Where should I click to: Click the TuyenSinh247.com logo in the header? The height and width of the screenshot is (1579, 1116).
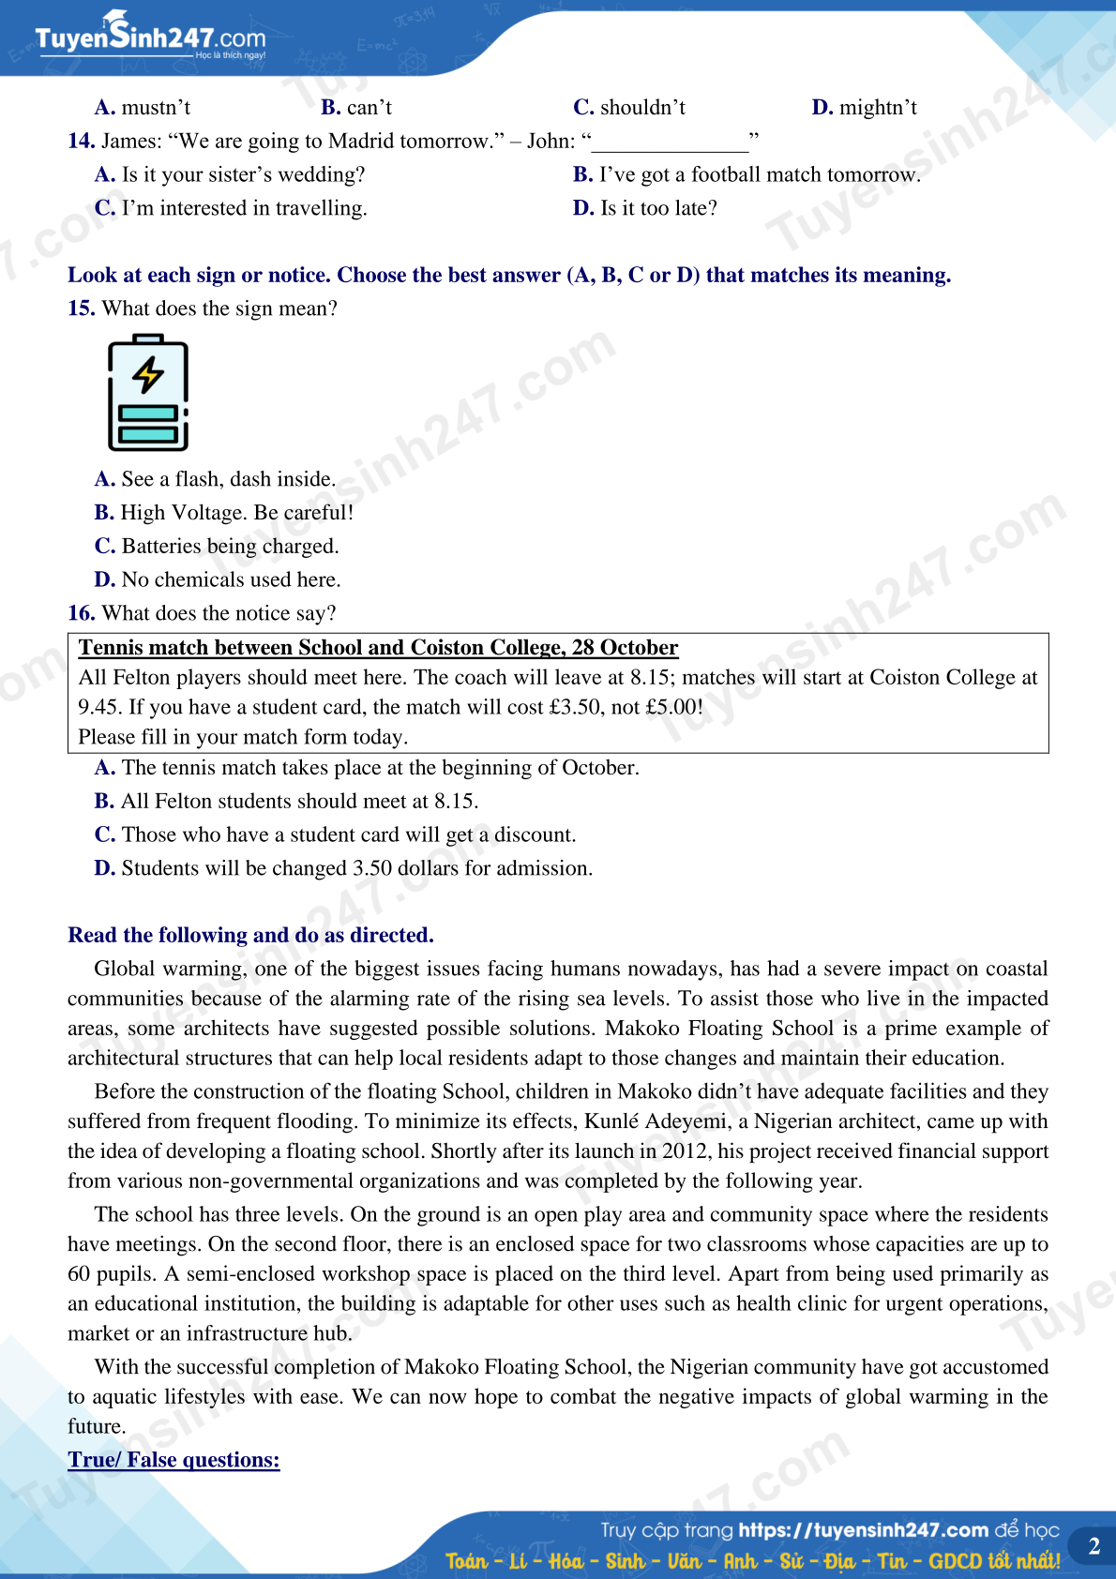point(150,38)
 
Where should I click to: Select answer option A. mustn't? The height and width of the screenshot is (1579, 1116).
point(143,108)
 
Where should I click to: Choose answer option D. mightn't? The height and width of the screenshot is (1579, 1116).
point(864,108)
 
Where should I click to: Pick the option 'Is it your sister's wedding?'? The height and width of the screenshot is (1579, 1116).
point(230,175)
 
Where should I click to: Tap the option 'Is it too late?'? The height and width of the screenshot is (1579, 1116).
point(645,208)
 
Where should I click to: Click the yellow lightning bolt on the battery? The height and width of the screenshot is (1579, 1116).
point(148,374)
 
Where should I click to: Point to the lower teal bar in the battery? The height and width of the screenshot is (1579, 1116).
point(148,434)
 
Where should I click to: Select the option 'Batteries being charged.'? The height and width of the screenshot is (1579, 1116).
point(217,547)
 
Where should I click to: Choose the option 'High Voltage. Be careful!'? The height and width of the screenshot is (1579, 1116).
point(224,513)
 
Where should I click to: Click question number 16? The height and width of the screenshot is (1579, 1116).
point(81,613)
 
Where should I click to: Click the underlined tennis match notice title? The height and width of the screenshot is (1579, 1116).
point(378,648)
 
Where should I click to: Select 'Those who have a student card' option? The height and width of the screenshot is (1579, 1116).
point(335,835)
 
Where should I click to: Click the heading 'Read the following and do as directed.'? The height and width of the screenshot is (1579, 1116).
point(250,935)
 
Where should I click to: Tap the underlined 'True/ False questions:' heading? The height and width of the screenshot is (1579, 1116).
point(173,1460)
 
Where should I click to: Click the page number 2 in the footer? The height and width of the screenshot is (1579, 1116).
point(1093,1546)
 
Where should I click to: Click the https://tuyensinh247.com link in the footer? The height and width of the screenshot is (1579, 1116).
point(863,1530)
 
